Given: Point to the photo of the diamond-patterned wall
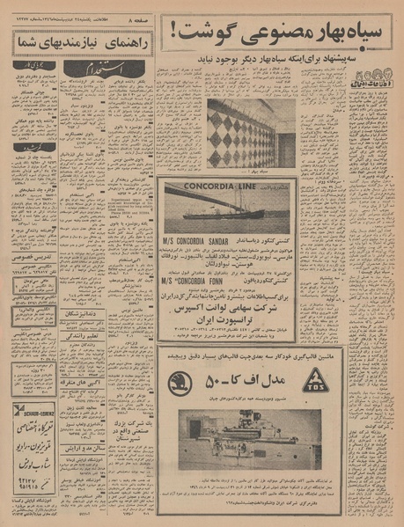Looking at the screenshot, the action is coord(239,132).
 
